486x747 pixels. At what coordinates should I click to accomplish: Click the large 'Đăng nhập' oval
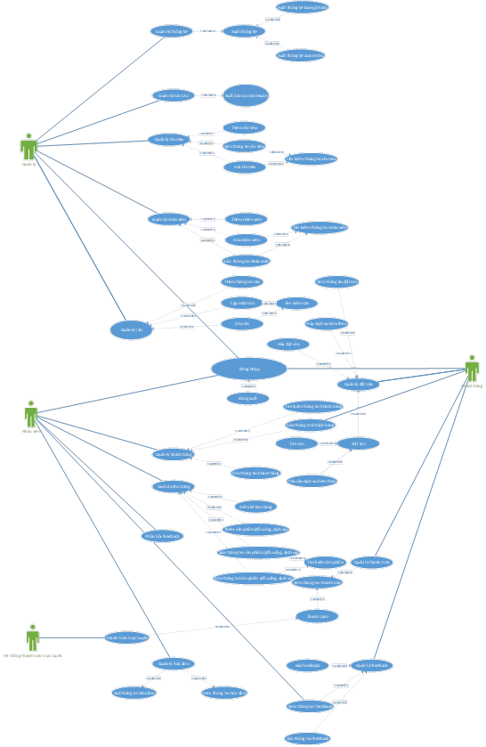point(249,368)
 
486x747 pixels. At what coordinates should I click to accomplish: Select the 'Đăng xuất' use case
point(247,398)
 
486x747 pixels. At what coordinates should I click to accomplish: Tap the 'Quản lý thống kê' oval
point(172,31)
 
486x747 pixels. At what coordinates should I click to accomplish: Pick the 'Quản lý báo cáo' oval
point(174,95)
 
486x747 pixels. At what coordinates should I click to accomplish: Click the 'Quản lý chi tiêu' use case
point(169,139)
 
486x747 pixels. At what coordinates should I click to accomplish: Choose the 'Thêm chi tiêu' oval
point(244,127)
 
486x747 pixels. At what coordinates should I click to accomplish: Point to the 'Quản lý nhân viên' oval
point(169,219)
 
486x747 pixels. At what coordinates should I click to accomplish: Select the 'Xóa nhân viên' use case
point(245,240)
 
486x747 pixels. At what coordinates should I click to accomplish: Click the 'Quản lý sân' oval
point(132,329)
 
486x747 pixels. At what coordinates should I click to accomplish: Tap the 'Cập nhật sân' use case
point(242,303)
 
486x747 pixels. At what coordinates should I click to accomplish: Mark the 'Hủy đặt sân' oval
point(288,344)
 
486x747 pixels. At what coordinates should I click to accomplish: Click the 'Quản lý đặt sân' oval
point(359,385)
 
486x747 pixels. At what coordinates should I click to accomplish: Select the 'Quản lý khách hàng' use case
point(174,454)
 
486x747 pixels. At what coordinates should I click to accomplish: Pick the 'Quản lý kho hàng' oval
point(173,486)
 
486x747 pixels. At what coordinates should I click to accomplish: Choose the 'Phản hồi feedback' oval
point(162,536)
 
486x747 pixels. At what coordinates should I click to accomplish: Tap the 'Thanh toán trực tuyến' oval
point(126,637)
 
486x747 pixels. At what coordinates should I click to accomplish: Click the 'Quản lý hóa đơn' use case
point(173,663)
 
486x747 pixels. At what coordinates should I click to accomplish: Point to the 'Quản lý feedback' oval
point(372,665)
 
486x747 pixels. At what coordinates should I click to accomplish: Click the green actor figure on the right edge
point(472,368)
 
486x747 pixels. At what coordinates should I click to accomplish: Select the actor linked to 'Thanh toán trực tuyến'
point(33,637)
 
